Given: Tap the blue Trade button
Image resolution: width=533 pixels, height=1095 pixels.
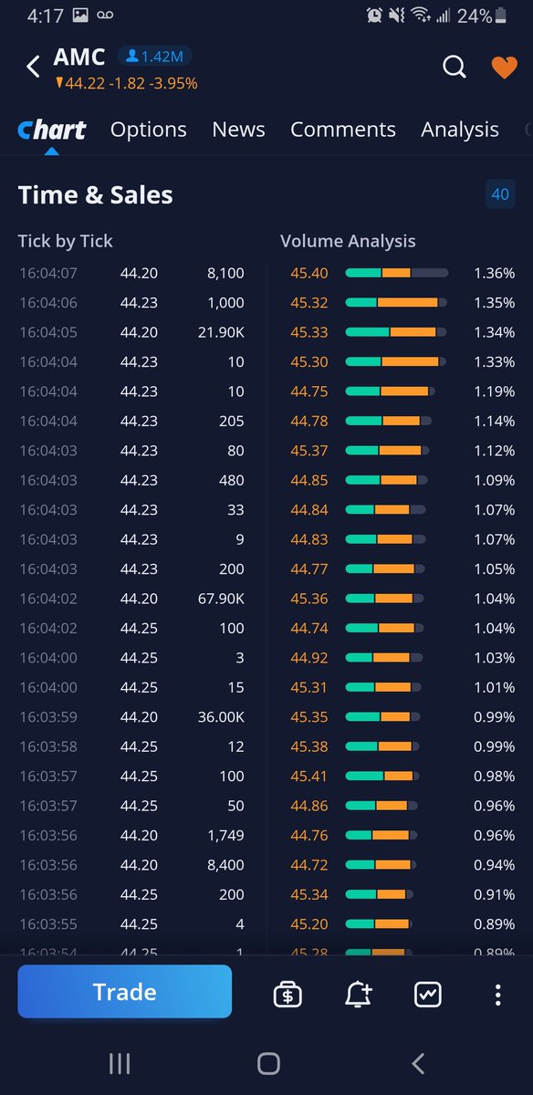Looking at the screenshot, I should pyautogui.click(x=124, y=992).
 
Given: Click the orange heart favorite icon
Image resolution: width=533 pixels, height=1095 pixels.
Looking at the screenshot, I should pyautogui.click(x=504, y=68).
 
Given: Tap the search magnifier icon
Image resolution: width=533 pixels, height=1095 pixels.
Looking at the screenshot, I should pyautogui.click(x=454, y=68).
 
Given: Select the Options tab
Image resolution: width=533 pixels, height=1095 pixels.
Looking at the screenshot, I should pyautogui.click(x=148, y=130).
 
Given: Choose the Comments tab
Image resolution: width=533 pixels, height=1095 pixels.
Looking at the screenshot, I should pyautogui.click(x=342, y=130).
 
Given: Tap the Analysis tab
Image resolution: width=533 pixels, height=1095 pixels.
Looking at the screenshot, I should pyautogui.click(x=459, y=130).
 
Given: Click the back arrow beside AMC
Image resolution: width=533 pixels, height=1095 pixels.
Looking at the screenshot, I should pyautogui.click(x=34, y=67).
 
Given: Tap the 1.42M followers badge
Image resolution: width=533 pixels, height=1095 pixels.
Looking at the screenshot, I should pyautogui.click(x=154, y=57).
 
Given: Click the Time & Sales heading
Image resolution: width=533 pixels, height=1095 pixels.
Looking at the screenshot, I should pyautogui.click(x=95, y=194).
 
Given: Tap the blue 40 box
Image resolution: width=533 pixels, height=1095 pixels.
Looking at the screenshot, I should pyautogui.click(x=500, y=194).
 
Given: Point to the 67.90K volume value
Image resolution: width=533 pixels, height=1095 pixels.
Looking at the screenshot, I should pyautogui.click(x=221, y=599).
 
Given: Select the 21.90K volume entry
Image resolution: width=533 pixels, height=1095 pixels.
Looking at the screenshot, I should pyautogui.click(x=221, y=332).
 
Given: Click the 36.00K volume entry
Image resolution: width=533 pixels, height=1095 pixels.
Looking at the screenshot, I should pyautogui.click(x=221, y=717).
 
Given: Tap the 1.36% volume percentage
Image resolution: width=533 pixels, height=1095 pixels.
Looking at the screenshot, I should pyautogui.click(x=494, y=273).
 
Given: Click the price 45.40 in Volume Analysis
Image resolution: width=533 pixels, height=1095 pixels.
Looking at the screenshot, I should pyautogui.click(x=309, y=273).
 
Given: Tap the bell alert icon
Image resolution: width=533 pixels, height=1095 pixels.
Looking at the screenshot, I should pyautogui.click(x=359, y=994).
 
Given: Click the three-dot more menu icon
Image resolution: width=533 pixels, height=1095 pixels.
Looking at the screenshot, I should pyautogui.click(x=497, y=994).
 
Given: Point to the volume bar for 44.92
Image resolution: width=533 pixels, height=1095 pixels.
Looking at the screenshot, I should pyautogui.click(x=383, y=658).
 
